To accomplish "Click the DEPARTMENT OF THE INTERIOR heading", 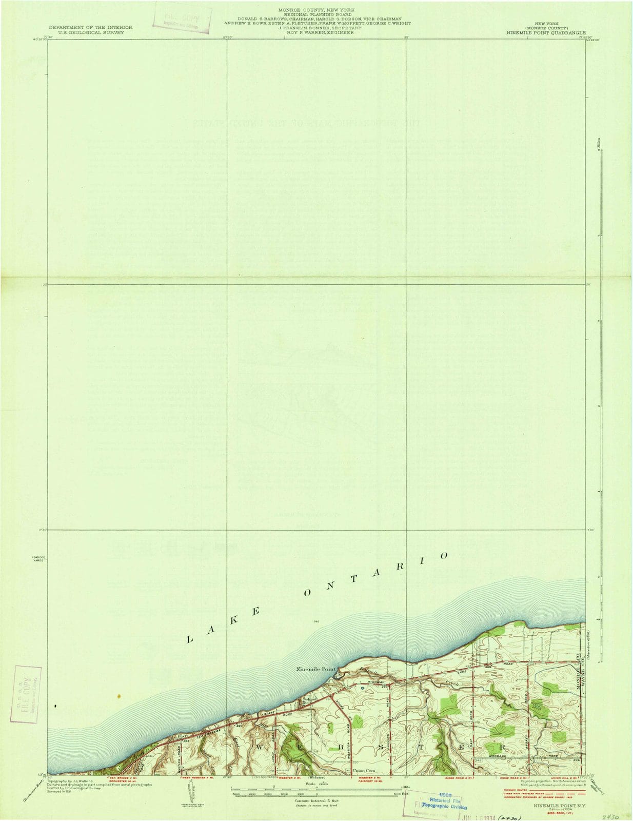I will [90, 27].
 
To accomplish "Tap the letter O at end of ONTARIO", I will [444, 555].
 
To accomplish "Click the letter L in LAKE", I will [189, 639].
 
